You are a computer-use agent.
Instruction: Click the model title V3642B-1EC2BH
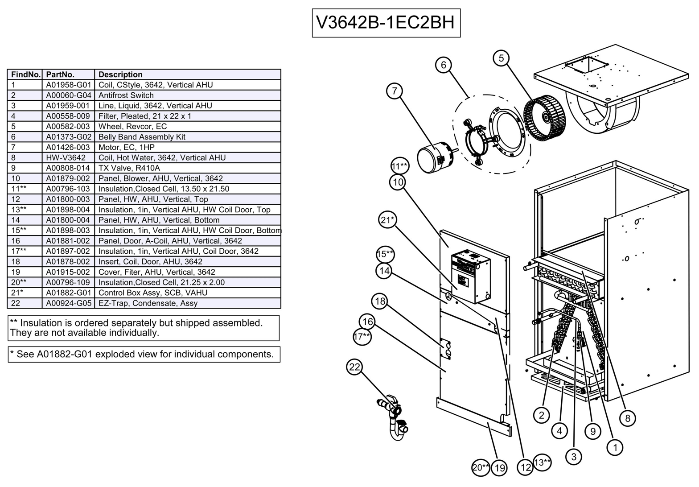pyautogui.click(x=386, y=22)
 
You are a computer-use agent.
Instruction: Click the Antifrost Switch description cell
pyautogui.click(x=126, y=95)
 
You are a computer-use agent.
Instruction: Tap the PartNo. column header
pyautogui.click(x=60, y=74)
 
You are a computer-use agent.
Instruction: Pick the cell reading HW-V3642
pyautogui.click(x=66, y=158)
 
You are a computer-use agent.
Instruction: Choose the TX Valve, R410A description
pyautogui.click(x=129, y=168)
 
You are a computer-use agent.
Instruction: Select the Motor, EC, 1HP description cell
pyautogui.click(x=127, y=147)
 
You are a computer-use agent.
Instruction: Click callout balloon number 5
pyautogui.click(x=502, y=58)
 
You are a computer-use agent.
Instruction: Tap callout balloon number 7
pyautogui.click(x=395, y=91)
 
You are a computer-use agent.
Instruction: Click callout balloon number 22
pyautogui.click(x=354, y=367)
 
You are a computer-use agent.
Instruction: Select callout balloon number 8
pyautogui.click(x=628, y=418)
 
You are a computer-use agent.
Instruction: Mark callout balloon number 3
pyautogui.click(x=573, y=456)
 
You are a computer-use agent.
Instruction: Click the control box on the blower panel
pyautogui.click(x=470, y=277)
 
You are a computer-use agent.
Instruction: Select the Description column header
pyautogui.click(x=120, y=74)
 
